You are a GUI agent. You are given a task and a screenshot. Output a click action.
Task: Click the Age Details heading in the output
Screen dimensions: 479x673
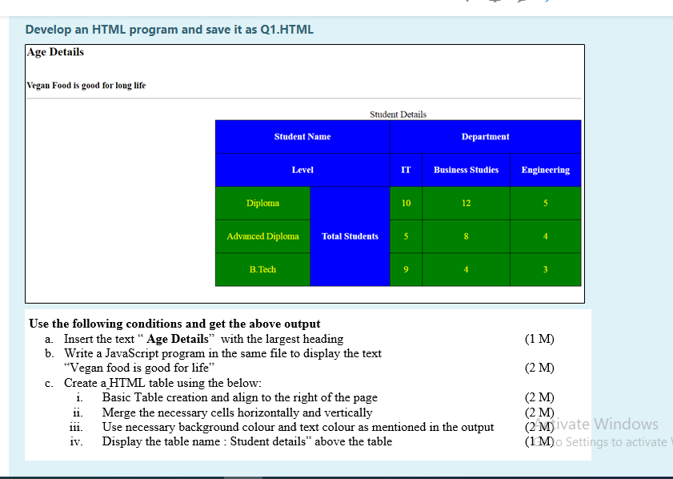pos(55,52)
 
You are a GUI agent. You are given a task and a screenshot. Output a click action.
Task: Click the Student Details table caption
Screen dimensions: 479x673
pos(398,115)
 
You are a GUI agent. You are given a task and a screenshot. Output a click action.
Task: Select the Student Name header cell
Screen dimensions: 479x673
pos(302,137)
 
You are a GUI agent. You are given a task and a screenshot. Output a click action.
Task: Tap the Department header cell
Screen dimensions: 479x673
pos(485,137)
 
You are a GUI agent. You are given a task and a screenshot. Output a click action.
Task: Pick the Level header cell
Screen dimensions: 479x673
pos(302,170)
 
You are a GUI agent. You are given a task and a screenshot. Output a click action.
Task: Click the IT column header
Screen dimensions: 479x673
pos(406,170)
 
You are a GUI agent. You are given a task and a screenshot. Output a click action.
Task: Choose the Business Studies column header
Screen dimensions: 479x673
pos(466,170)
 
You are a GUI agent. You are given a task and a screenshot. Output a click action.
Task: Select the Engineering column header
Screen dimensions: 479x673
pos(545,170)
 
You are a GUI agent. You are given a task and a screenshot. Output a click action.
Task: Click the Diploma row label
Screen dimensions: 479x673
pos(262,203)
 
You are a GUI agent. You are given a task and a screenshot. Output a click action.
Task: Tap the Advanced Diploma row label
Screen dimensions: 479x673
pos(262,236)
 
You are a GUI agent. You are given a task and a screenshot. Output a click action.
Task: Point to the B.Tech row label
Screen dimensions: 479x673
pos(262,270)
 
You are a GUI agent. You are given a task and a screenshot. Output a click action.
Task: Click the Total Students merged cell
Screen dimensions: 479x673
pos(350,236)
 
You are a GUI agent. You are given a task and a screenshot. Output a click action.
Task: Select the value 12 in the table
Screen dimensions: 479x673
pos(466,203)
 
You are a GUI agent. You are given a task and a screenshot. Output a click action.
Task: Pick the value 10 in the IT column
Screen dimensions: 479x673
pos(406,203)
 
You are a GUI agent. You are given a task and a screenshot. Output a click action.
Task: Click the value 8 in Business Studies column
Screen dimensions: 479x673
pos(466,236)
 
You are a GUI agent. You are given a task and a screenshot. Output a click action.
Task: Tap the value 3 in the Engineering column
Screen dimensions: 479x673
pos(545,270)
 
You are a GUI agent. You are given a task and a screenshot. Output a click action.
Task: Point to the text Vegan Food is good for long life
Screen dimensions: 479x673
pos(86,85)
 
